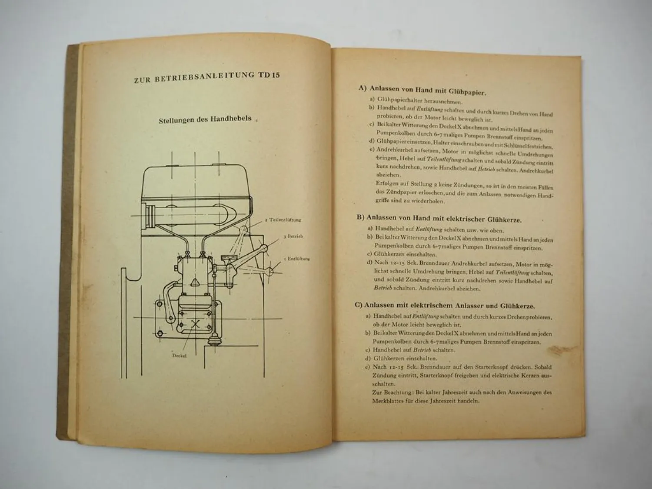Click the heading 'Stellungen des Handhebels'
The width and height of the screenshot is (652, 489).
[205, 119]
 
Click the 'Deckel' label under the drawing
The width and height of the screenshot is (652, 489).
[179, 355]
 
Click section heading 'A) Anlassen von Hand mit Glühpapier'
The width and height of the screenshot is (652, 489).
[422, 90]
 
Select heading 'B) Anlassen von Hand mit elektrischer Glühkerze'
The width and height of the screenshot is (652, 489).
[439, 219]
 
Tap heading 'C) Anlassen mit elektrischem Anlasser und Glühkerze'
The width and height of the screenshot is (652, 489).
[445, 305]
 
